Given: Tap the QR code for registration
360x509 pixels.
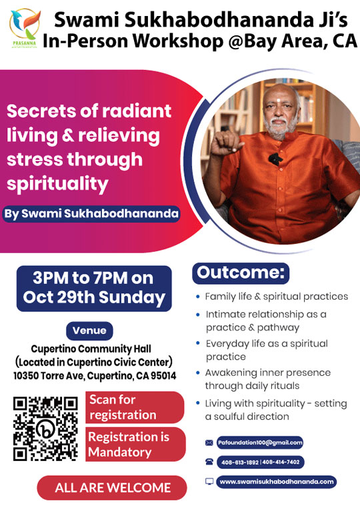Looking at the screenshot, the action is [x=45, y=428].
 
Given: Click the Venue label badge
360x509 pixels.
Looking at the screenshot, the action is [x=90, y=331].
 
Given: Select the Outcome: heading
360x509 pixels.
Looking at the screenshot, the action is [x=241, y=273].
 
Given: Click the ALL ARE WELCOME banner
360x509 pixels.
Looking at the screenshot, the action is [x=112, y=488].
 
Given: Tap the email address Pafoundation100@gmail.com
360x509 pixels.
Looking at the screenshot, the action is [x=260, y=442].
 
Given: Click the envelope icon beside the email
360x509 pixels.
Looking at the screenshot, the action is [x=209, y=443].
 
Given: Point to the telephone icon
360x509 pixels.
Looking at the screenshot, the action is [x=209, y=462].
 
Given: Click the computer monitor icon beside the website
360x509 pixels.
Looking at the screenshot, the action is [x=209, y=482].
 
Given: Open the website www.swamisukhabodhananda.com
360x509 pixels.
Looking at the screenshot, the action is [x=277, y=482].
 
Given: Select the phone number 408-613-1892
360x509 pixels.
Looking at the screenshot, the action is [x=240, y=462].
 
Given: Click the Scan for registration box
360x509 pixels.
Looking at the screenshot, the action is [x=135, y=407].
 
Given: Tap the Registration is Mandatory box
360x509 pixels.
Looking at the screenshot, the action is [x=135, y=444].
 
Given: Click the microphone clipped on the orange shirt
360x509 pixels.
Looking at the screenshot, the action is [x=275, y=159].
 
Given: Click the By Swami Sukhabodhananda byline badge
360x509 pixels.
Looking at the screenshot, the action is [x=91, y=214].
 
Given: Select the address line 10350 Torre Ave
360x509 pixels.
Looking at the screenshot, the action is [x=95, y=376].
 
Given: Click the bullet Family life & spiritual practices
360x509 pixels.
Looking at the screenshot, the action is [x=276, y=296].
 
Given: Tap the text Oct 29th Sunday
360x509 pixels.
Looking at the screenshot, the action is [x=94, y=298].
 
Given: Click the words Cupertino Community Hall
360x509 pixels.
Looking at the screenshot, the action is [x=91, y=349].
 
